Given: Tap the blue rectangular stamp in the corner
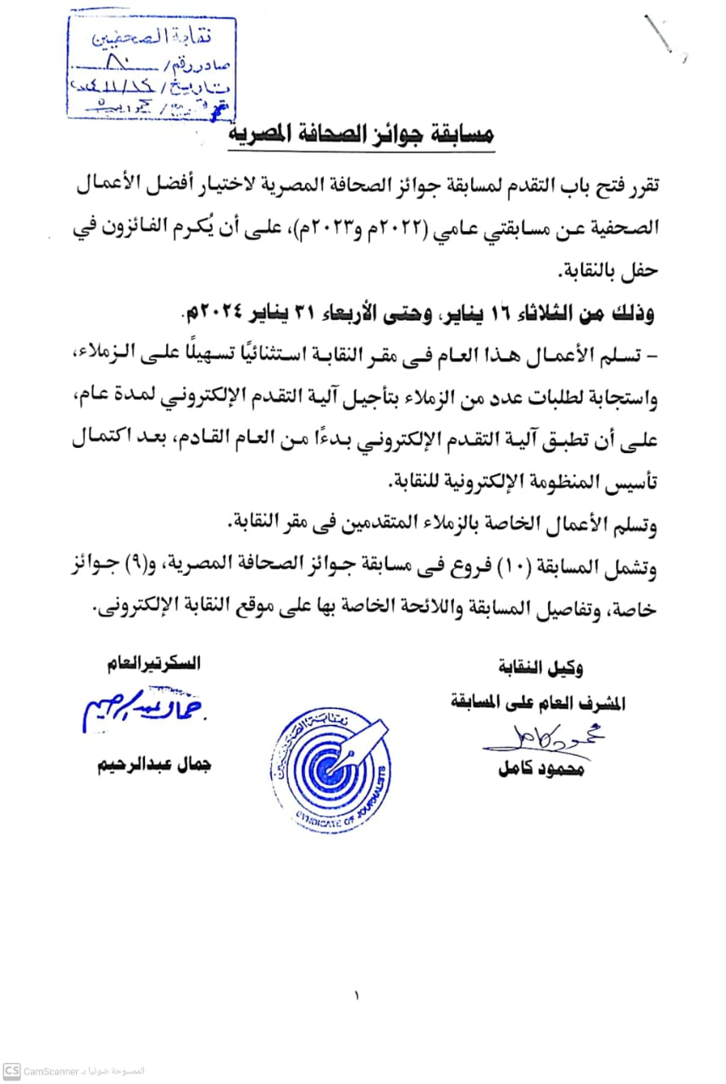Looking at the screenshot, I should coord(151,67).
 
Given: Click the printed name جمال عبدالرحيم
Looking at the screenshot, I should coord(153,764).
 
